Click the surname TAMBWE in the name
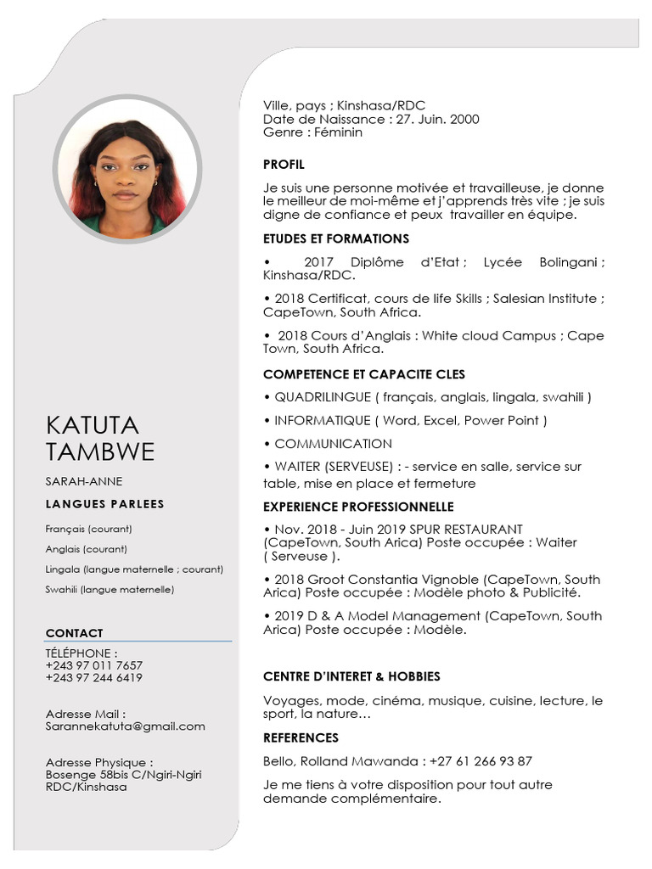tap(100, 451)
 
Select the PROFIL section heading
tap(284, 165)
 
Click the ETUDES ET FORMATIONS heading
tap(336, 239)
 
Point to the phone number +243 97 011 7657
tap(94, 665)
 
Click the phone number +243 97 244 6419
tap(94, 678)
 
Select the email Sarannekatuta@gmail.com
tap(126, 726)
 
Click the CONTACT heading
tap(74, 633)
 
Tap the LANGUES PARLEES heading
tap(105, 504)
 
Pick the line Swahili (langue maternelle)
tap(110, 589)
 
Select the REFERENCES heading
tap(301, 738)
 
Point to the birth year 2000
tap(464, 120)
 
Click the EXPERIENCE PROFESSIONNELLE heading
tap(358, 507)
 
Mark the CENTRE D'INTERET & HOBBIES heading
tap(351, 677)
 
